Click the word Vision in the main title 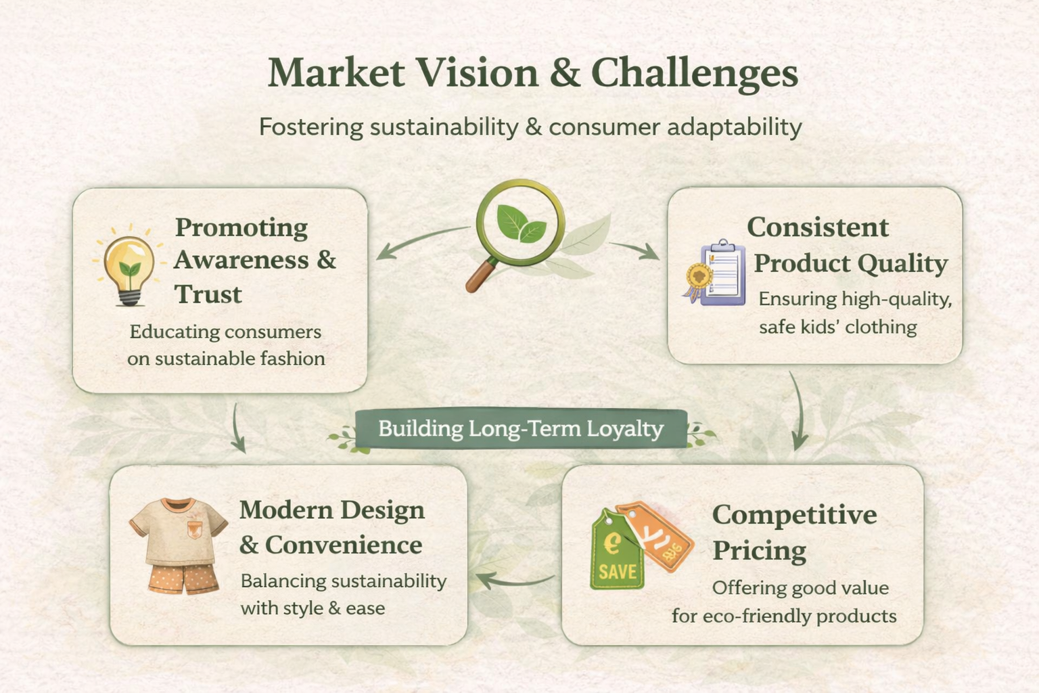[477, 72]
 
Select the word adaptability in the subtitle [734, 127]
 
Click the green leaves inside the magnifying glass [521, 224]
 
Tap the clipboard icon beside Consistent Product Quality [722, 273]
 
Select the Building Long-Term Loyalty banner [521, 428]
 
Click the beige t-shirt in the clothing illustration [178, 531]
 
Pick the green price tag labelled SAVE [616, 552]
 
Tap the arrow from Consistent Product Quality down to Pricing [799, 411]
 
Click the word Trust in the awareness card [208, 294]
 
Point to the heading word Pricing [760, 552]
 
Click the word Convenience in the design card [343, 545]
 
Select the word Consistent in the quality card [818, 227]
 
